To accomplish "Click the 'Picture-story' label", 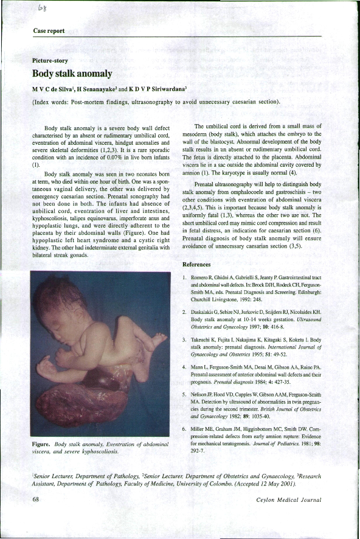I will coord(50,61).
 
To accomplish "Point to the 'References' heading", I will coord(196,265).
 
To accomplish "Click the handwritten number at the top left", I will coord(44,7).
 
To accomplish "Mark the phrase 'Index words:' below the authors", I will coord(51,102).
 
